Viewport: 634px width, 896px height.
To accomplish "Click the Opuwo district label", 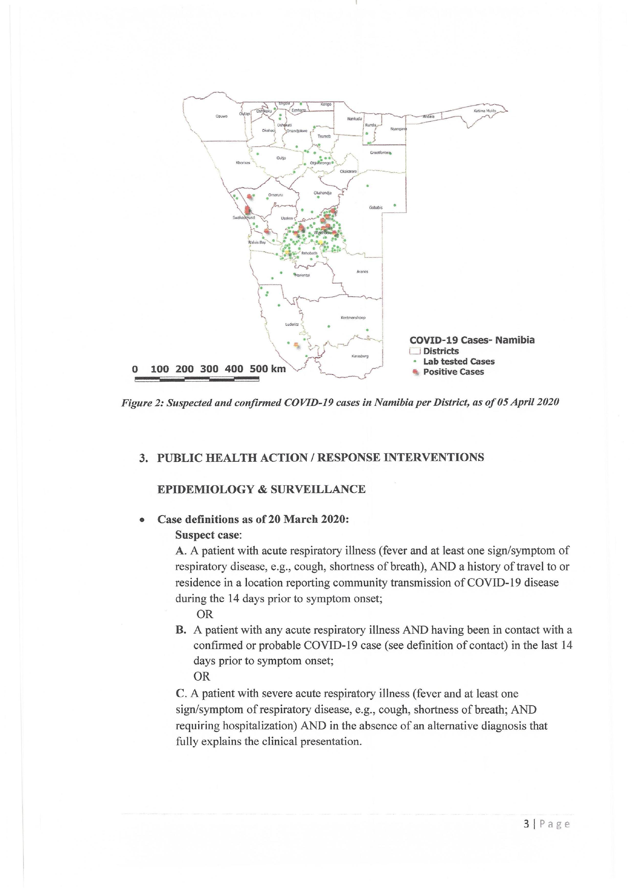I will (x=221, y=116).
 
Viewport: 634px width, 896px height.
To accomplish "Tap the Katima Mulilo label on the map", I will (x=485, y=111).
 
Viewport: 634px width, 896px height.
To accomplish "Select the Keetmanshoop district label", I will (x=353, y=318).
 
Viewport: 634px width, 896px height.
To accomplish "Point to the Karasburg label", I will (x=359, y=356).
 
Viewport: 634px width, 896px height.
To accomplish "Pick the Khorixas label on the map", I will (x=243, y=163).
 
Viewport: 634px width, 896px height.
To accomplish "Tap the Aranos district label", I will (x=362, y=272).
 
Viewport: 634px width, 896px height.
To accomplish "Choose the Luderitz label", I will (x=292, y=324).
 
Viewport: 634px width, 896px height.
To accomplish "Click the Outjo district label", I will (x=281, y=158).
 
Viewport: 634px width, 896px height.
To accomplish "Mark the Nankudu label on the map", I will (x=355, y=119).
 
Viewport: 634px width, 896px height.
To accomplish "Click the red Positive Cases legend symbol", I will (x=416, y=372).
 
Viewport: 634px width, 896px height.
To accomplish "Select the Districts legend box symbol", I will (x=415, y=351).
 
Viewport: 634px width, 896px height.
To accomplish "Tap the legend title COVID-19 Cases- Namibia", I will (x=472, y=340).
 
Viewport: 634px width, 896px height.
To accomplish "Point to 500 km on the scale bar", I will (x=267, y=369).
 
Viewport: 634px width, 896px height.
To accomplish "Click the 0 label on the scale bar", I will (x=135, y=369).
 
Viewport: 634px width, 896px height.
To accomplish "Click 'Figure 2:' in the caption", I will (x=142, y=402).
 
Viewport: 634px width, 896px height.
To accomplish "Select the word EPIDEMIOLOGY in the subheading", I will (x=205, y=489).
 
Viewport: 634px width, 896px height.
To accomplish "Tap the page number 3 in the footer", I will (x=527, y=824).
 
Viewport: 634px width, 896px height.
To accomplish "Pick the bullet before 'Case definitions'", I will (x=143, y=520).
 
